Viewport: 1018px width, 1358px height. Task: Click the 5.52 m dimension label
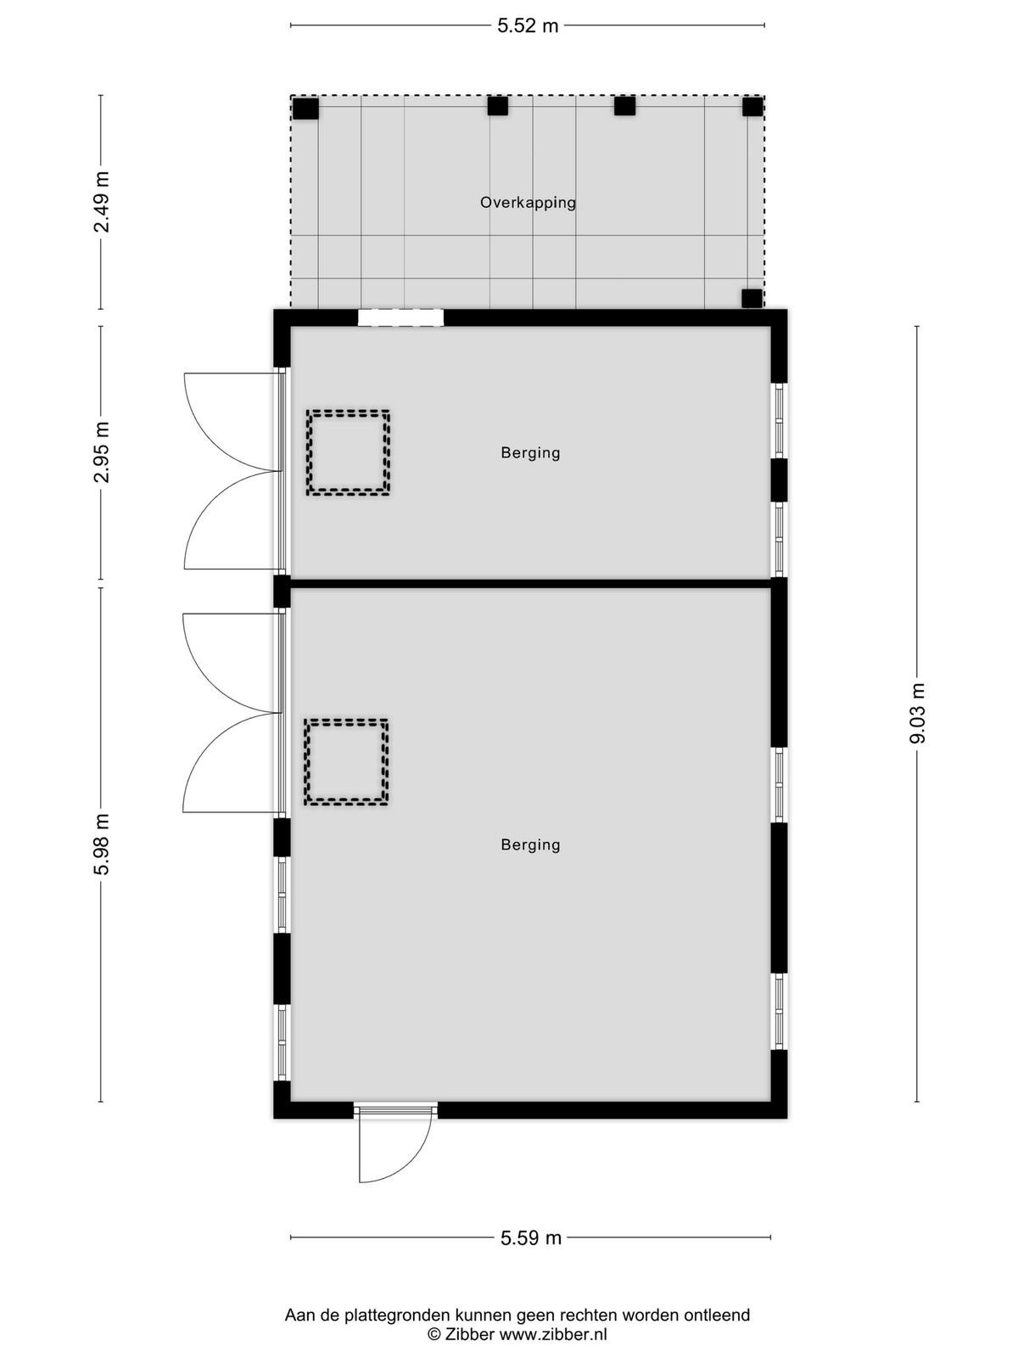point(528,25)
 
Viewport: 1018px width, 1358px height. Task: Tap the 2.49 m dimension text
point(101,202)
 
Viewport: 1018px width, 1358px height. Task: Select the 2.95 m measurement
point(101,452)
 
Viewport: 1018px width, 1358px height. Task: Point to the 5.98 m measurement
point(101,844)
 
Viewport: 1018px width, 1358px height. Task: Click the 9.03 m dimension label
point(917,713)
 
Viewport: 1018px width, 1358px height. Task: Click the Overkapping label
point(528,202)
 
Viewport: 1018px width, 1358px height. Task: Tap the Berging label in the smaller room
point(530,453)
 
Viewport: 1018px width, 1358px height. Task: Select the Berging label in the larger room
point(530,845)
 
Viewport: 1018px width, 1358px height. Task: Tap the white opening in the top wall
point(400,317)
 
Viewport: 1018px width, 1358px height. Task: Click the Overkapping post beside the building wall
point(752,298)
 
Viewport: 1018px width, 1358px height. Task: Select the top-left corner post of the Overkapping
point(305,109)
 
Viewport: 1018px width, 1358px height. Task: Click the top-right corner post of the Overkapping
point(752,106)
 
